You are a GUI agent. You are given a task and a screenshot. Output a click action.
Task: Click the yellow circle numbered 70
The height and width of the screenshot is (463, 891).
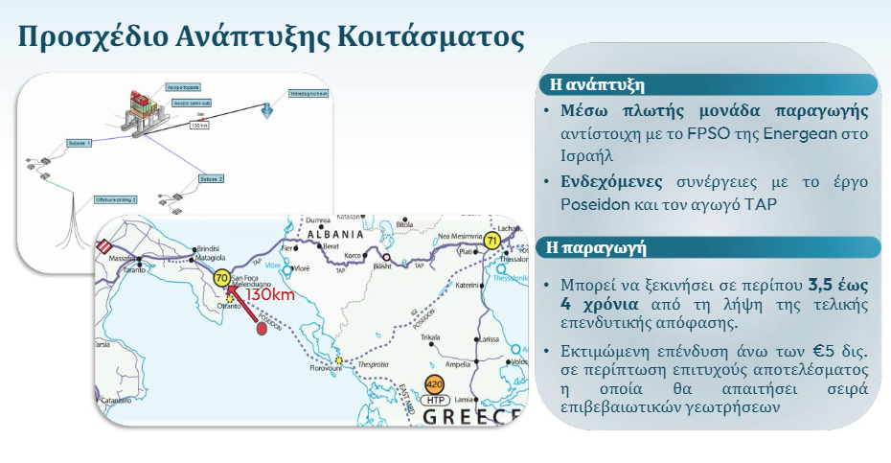tap(221, 280)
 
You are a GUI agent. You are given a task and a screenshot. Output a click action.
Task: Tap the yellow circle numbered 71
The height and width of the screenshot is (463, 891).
tap(491, 241)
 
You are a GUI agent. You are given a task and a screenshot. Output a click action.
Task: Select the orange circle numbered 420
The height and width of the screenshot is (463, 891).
tap(435, 383)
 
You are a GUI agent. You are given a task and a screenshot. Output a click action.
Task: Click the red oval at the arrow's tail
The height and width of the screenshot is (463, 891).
tap(262, 330)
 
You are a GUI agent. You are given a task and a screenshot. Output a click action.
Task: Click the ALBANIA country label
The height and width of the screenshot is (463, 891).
tap(333, 234)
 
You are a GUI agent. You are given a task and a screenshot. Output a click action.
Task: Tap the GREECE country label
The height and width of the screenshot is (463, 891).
tap(473, 418)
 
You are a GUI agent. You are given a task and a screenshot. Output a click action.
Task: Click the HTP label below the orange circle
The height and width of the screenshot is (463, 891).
tap(436, 400)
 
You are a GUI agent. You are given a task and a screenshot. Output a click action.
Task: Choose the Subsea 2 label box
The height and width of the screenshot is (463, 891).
tap(211, 179)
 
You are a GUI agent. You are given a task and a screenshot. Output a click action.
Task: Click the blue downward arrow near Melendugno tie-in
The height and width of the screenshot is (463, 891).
tap(267, 111)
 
